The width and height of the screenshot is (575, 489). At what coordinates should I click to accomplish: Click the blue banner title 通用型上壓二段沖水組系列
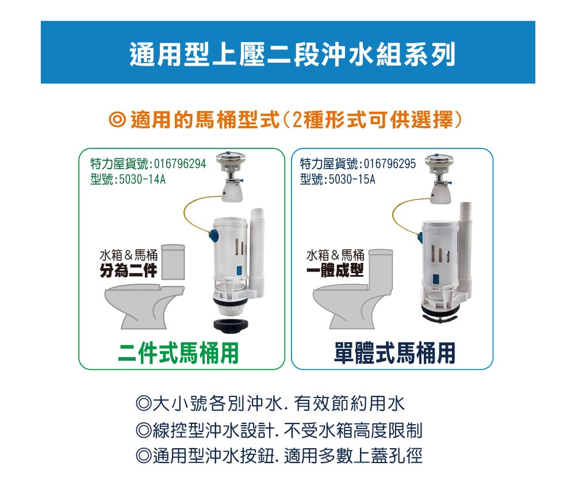point(292,54)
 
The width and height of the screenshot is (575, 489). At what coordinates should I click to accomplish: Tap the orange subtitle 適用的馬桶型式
point(205,120)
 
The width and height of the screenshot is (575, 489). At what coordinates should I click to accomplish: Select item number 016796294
point(180,163)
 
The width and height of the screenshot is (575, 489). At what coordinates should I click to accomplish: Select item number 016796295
point(390,163)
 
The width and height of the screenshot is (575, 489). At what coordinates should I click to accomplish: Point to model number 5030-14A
point(142,179)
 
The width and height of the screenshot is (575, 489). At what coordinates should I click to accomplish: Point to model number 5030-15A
point(352,179)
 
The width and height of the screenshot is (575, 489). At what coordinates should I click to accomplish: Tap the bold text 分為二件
point(128,271)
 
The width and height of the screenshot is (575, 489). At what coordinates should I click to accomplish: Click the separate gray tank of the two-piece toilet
point(172,262)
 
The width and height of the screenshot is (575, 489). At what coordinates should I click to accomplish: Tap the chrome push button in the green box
point(231,159)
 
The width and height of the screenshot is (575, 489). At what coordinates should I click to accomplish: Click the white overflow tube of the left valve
point(256,250)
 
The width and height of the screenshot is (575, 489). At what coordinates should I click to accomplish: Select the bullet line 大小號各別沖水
point(270,403)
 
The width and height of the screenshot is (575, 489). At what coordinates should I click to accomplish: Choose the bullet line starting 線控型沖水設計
point(279,430)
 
